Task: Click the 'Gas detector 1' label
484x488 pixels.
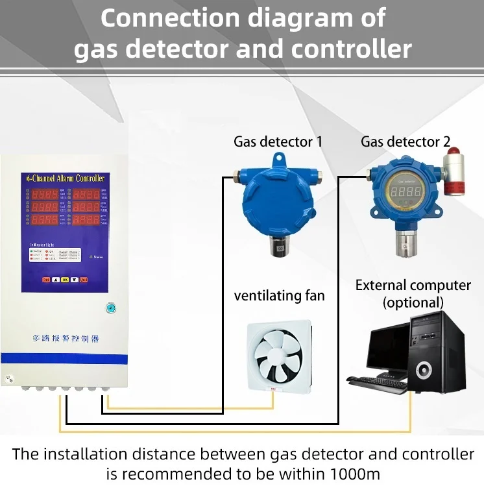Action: [278, 141]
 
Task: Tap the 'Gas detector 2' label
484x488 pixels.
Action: [405, 141]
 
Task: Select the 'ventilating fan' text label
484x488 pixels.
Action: [279, 296]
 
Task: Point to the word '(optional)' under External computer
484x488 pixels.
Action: [413, 302]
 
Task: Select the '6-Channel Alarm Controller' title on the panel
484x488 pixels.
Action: [64, 178]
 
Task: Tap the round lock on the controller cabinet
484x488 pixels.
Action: [111, 308]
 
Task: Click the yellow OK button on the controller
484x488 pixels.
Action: [65, 280]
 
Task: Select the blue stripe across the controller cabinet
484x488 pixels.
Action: [64, 358]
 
